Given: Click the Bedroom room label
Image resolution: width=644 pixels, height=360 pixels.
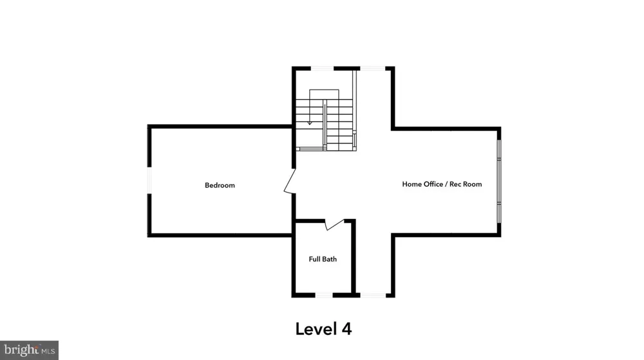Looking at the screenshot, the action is pyautogui.click(x=220, y=185).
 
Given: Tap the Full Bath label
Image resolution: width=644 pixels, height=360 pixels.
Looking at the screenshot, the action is pyautogui.click(x=323, y=259).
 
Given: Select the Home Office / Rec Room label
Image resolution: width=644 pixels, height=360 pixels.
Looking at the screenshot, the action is pyautogui.click(x=442, y=184).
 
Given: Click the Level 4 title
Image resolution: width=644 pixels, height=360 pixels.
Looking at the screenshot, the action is pyautogui.click(x=324, y=329).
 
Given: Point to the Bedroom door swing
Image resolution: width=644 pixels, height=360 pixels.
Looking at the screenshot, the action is pyautogui.click(x=290, y=180).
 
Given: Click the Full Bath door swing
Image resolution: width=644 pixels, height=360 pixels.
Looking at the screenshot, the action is pyautogui.click(x=334, y=225).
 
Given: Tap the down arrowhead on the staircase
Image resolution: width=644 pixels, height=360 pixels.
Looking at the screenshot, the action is pyautogui.click(x=310, y=122).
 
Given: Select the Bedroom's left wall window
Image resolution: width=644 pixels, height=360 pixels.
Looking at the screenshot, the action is pyautogui.click(x=149, y=180).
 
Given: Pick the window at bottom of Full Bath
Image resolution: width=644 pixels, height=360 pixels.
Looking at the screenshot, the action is pyautogui.click(x=324, y=295).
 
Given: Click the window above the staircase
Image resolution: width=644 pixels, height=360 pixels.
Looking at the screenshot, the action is pyautogui.click(x=322, y=68).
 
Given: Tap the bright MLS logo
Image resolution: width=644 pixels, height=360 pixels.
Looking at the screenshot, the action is pyautogui.click(x=29, y=350).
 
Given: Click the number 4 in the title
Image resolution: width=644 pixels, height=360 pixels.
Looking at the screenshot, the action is pyautogui.click(x=346, y=329).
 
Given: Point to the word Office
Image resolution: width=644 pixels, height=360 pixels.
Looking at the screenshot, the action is pyautogui.click(x=431, y=184).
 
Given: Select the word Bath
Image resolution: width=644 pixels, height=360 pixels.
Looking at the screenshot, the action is pyautogui.click(x=330, y=259).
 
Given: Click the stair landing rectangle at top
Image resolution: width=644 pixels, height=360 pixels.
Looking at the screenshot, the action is pyautogui.click(x=324, y=95).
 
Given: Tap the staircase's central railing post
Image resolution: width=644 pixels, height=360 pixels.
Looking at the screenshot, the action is pyautogui.click(x=325, y=125).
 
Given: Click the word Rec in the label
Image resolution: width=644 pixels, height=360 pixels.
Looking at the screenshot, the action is pyautogui.click(x=455, y=184).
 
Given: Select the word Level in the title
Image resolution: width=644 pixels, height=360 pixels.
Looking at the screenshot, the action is pyautogui.click(x=316, y=329).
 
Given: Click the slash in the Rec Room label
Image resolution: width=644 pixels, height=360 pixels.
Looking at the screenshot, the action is pyautogui.click(x=445, y=184).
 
